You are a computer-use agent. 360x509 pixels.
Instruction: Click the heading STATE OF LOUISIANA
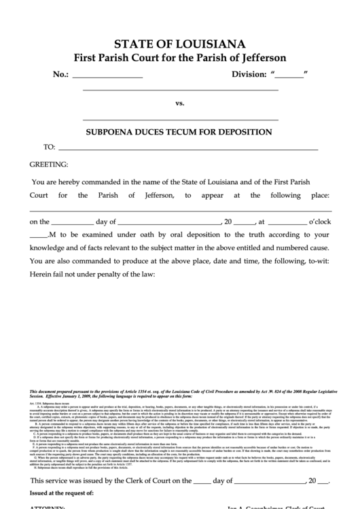click(179, 45)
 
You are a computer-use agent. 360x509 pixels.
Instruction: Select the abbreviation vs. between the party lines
click(180, 103)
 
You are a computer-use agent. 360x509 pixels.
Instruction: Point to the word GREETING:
click(48, 164)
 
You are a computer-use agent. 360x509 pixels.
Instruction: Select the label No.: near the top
click(60, 75)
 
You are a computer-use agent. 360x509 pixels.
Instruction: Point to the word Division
click(250, 75)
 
